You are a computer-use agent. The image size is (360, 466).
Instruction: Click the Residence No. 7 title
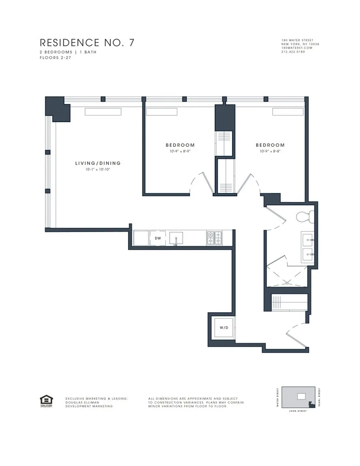tap(87, 43)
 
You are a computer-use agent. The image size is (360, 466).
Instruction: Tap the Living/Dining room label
tap(98, 163)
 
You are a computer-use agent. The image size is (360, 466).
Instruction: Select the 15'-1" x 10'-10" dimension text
tap(98, 170)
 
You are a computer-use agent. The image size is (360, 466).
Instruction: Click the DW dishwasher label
tap(158, 238)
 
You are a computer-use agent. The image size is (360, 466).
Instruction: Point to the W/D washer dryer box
tap(224, 328)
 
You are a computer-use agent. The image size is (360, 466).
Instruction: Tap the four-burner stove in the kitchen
tap(214, 238)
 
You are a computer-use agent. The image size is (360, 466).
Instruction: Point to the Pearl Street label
tap(320, 397)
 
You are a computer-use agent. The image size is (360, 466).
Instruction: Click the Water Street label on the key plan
tap(278, 397)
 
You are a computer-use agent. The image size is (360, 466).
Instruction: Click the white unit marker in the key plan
tap(302, 396)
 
